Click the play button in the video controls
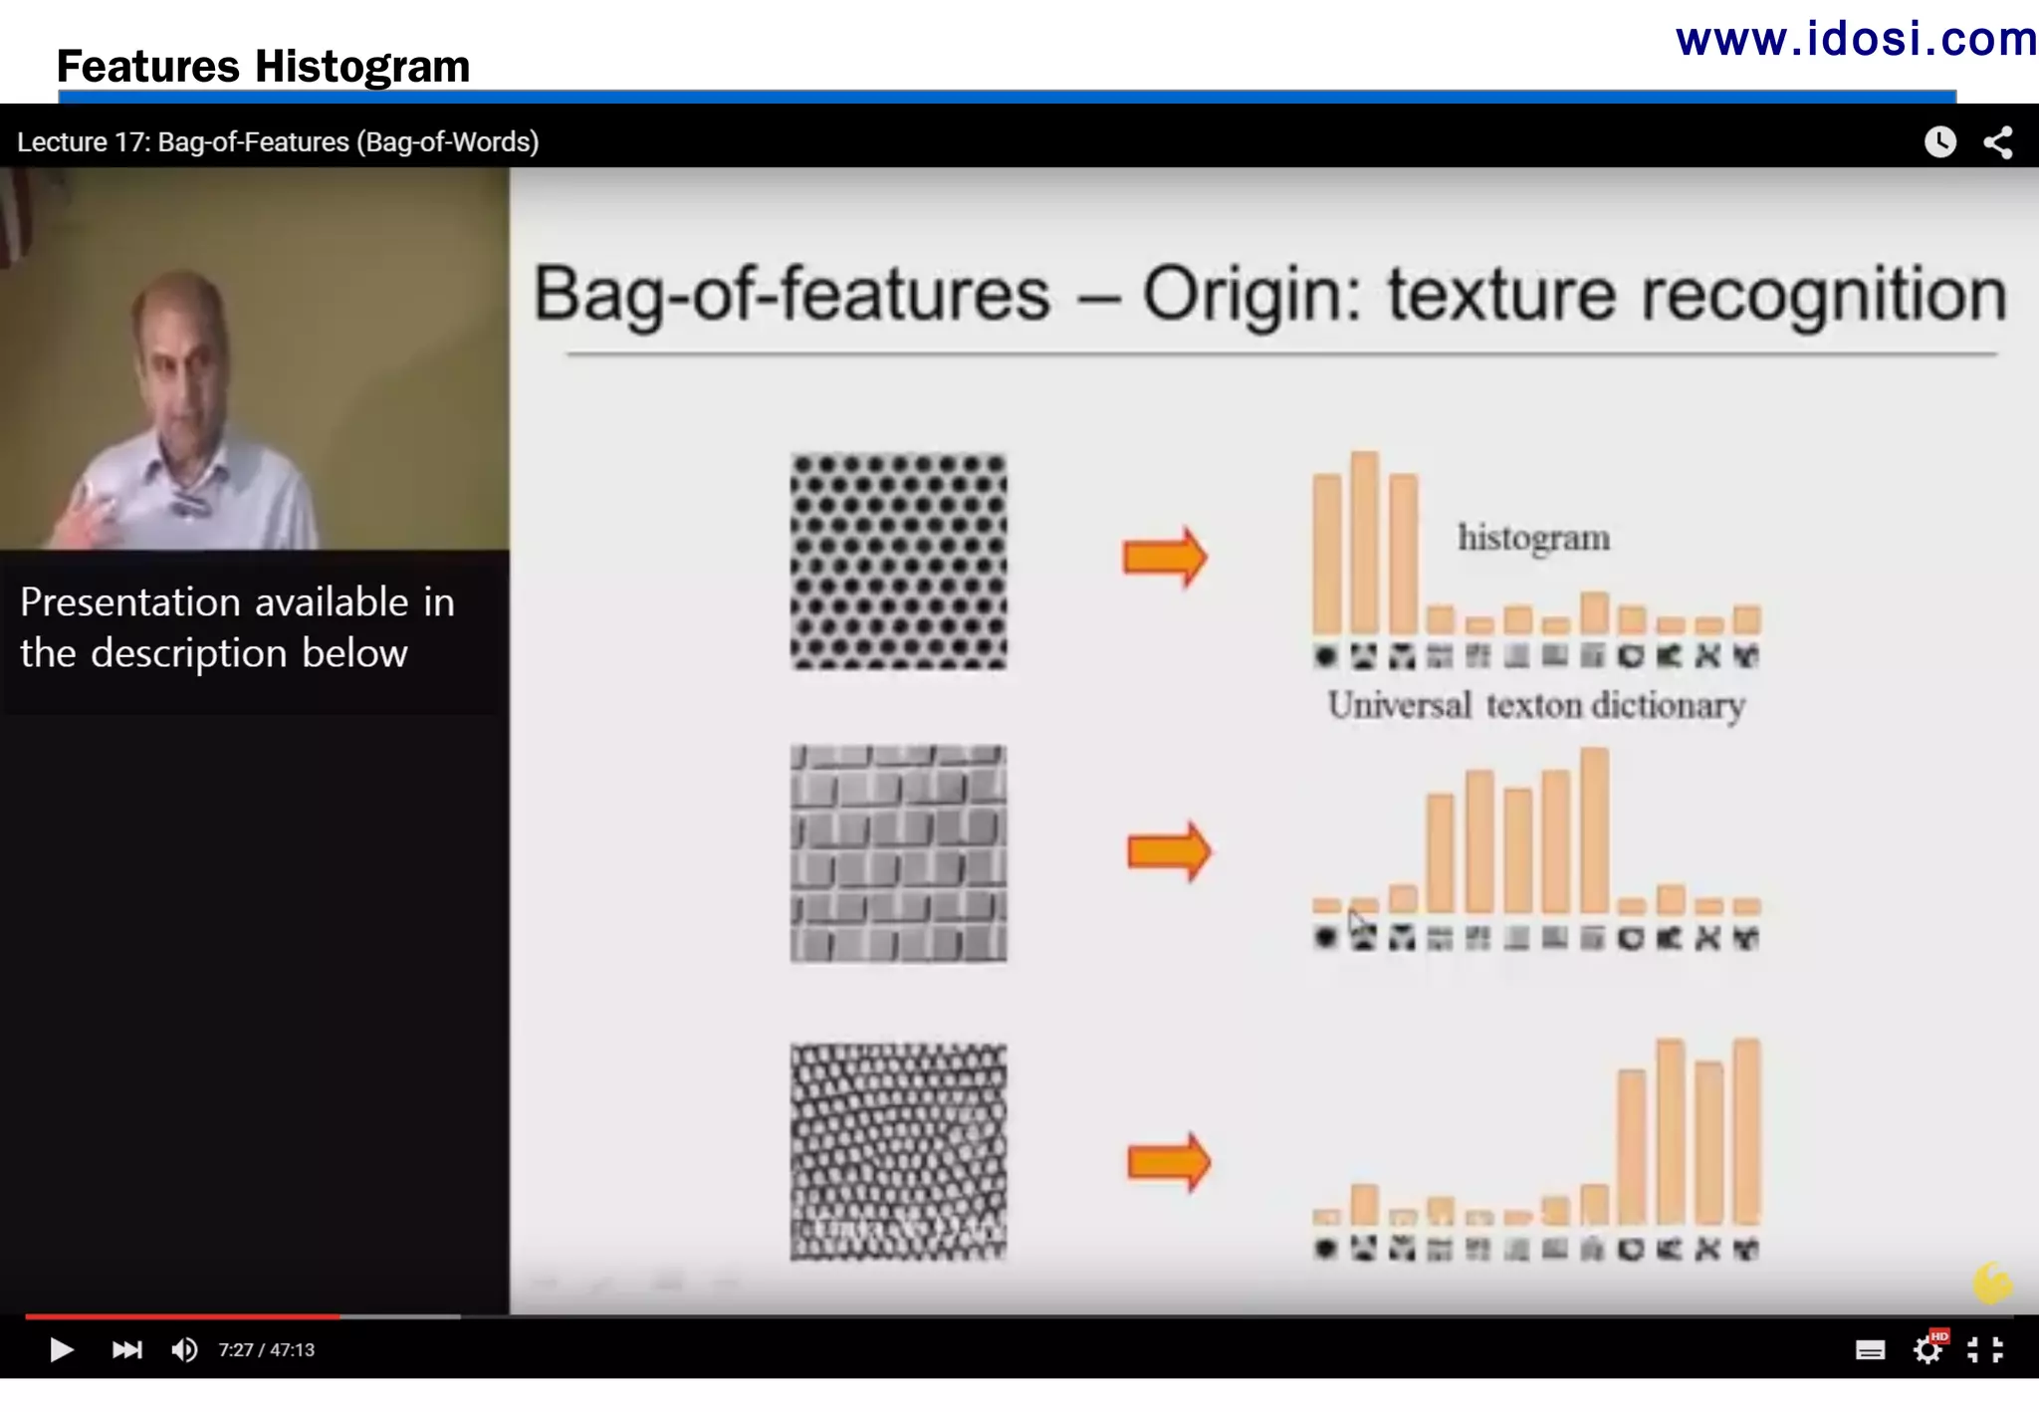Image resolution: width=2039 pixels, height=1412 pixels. tap(61, 1349)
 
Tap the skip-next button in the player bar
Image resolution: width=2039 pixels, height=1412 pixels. tap(126, 1349)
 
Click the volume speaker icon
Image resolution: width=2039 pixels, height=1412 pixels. tap(184, 1349)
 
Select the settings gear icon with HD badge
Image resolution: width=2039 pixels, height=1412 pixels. tap(1928, 1349)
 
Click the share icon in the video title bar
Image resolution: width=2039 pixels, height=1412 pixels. tap(1997, 142)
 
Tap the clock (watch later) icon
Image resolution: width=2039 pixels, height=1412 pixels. tap(1939, 142)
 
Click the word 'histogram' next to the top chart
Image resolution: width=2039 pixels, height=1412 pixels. tap(1533, 538)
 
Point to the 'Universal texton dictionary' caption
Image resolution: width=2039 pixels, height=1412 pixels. tap(1536, 705)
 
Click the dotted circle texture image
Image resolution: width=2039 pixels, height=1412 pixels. tap(898, 562)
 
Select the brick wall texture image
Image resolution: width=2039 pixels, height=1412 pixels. tap(898, 853)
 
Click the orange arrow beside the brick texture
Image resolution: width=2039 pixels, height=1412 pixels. tap(1169, 851)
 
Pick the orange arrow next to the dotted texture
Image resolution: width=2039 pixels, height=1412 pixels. tap(1165, 557)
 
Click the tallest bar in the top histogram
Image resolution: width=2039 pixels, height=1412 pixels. tap(1365, 543)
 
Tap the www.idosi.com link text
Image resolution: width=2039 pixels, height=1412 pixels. tap(1856, 40)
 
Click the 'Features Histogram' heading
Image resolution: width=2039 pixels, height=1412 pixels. tap(263, 67)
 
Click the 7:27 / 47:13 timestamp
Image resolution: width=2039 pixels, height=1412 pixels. tap(267, 1350)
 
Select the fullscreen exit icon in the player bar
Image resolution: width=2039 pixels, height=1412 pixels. tap(1985, 1349)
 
